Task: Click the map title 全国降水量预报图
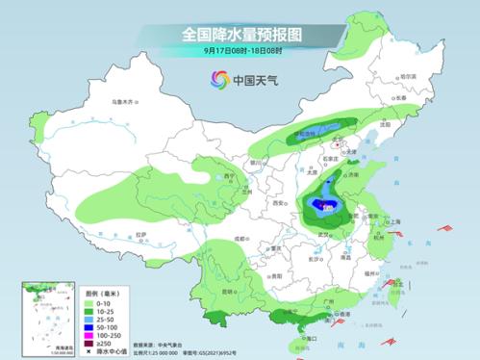tap(240, 34)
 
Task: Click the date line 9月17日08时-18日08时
tap(240, 51)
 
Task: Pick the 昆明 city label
tap(227, 290)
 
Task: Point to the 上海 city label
tap(394, 221)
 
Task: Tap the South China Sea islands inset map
tap(38, 313)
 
